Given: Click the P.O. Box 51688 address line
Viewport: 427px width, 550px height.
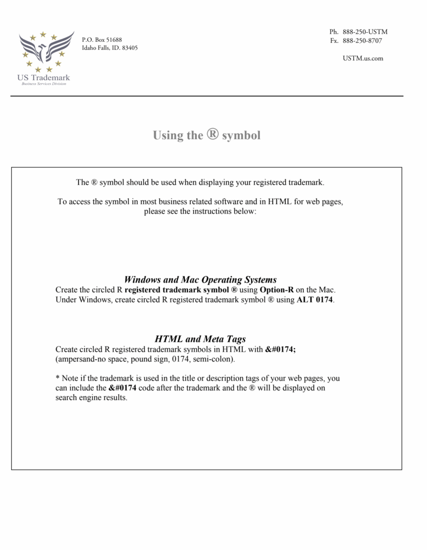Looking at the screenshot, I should click(x=102, y=40).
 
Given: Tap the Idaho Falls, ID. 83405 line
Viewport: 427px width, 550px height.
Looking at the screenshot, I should click(x=110, y=48).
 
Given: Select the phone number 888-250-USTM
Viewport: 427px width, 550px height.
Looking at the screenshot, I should click(x=365, y=32).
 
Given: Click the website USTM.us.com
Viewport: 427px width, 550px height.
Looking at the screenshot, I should click(x=362, y=58).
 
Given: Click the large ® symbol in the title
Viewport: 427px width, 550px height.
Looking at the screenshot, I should click(x=212, y=134).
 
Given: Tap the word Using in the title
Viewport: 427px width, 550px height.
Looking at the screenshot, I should click(x=168, y=135).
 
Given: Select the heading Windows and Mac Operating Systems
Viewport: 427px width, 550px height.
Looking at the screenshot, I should click(x=200, y=279).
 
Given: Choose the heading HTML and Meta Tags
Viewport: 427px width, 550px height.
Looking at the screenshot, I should click(x=200, y=339).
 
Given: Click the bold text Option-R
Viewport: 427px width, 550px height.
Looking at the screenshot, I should click(x=276, y=290).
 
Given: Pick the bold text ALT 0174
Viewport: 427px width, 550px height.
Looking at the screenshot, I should click(x=315, y=299).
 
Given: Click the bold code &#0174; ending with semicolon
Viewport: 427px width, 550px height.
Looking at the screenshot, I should click(x=281, y=349).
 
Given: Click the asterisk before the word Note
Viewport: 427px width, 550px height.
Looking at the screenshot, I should click(x=58, y=378).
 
